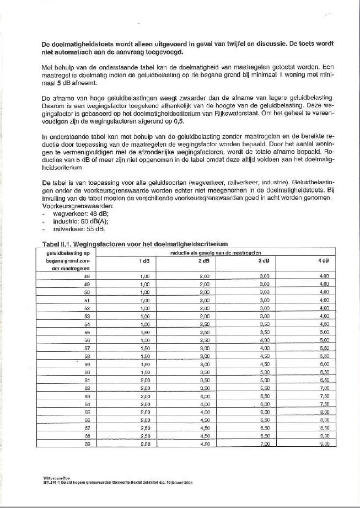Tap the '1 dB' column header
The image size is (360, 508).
click(145, 260)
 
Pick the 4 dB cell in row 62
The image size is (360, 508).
click(324, 388)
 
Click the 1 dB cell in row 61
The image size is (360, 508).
click(145, 379)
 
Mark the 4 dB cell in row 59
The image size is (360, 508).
click(324, 363)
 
